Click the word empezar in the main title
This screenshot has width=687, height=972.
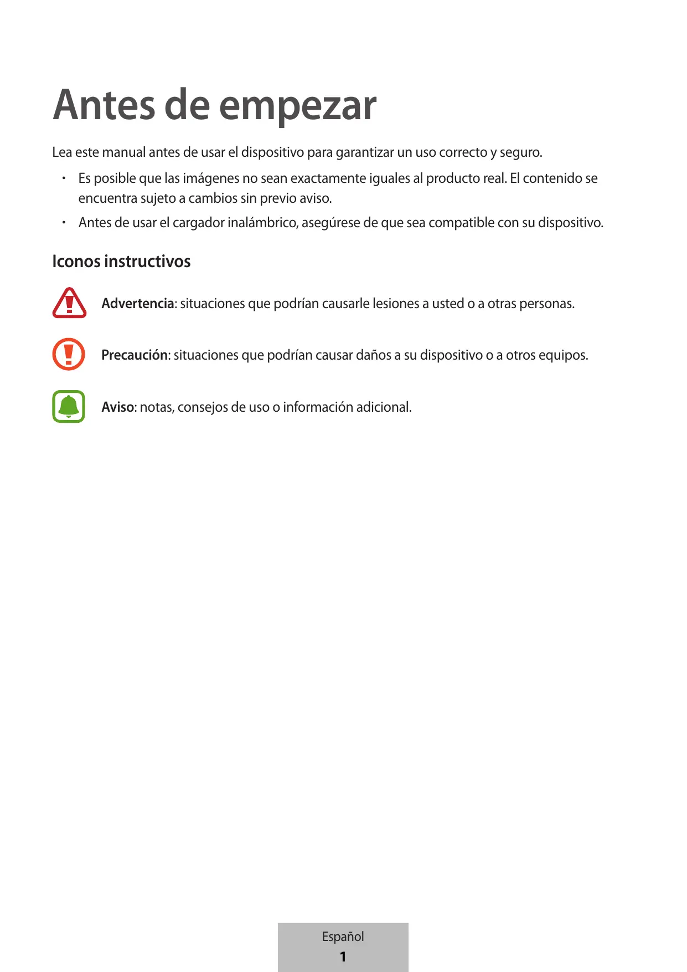click(298, 106)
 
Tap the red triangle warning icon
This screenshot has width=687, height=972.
click(69, 303)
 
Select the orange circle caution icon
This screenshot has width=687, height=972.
click(69, 354)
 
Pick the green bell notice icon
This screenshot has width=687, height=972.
click(69, 406)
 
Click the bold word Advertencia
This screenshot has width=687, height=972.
click(138, 304)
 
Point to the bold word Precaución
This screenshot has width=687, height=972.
click(135, 355)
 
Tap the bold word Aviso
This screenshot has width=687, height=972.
click(117, 407)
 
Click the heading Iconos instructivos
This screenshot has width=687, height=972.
click(121, 262)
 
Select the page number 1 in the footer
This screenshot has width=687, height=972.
click(343, 956)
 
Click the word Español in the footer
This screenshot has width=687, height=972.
click(343, 937)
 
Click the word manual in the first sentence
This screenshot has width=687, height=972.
click(124, 152)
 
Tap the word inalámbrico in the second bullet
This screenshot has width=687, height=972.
click(263, 223)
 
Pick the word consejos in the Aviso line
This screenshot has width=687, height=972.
click(202, 407)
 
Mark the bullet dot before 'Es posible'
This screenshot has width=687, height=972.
click(64, 178)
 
